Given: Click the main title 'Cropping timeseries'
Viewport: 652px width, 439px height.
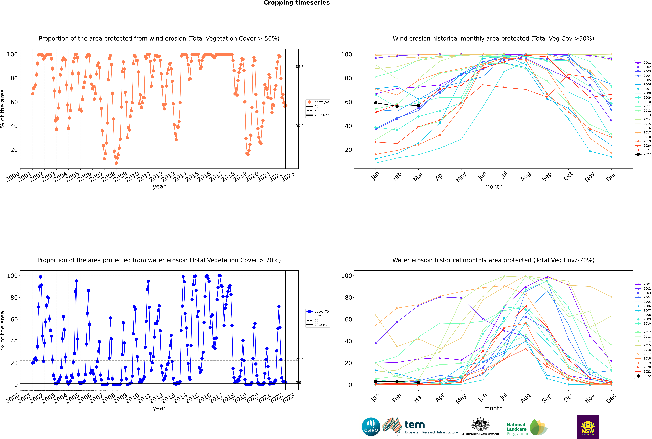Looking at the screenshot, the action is pos(297,3).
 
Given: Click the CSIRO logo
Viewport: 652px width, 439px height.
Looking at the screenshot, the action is pos(371,427).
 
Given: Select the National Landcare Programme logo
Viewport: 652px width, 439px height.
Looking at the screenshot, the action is pos(527,428).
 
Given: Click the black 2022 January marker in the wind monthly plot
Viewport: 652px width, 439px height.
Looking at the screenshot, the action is pos(376,103).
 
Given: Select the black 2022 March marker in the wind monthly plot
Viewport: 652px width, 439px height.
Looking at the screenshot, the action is pos(418,106).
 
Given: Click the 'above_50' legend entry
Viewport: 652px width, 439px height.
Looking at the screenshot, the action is pos(318,102).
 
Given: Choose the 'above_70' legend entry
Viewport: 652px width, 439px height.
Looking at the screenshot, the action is pos(318,312).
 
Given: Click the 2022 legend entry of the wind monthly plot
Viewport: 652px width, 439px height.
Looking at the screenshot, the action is pos(643,154).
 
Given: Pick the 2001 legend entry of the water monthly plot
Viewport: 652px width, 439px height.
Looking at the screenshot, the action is pos(643,284).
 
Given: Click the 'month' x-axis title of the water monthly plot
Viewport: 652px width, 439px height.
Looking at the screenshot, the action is pos(493,408).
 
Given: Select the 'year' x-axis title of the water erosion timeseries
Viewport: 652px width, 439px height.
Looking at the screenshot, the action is pos(159,408).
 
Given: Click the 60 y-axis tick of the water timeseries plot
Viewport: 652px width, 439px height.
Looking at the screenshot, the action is pos(14,319).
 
